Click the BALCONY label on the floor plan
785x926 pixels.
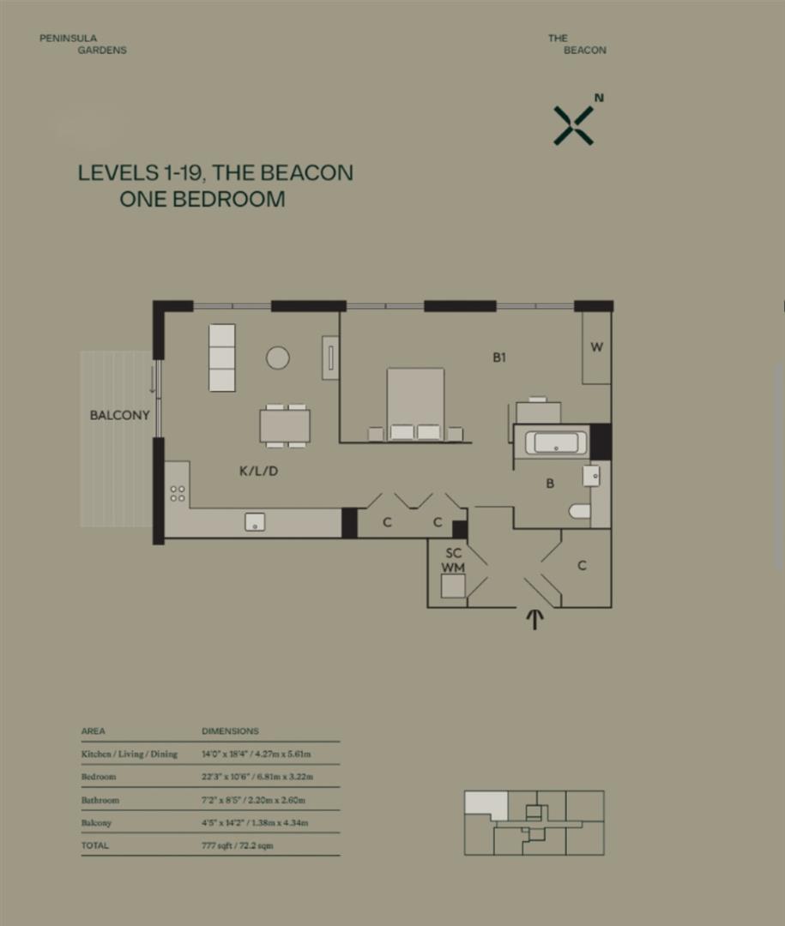pos(120,415)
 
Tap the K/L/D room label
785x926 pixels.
pos(258,471)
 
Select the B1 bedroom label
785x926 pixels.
pos(499,358)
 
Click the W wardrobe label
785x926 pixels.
pos(597,347)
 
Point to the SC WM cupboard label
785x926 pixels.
pos(452,561)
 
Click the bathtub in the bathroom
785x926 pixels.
pos(557,443)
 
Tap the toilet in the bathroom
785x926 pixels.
pos(580,511)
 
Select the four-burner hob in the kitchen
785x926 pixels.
pos(178,493)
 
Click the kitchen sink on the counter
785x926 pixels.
pos(255,521)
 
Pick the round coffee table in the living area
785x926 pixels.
pos(277,357)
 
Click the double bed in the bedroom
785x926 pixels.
pos(415,403)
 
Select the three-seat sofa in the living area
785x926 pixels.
pos(222,357)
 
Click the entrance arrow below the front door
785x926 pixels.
pos(534,619)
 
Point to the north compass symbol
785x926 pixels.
pos(574,124)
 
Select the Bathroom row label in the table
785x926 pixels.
pos(100,800)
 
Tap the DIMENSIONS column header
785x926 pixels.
pos(230,731)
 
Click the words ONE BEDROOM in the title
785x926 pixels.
pos(202,199)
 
